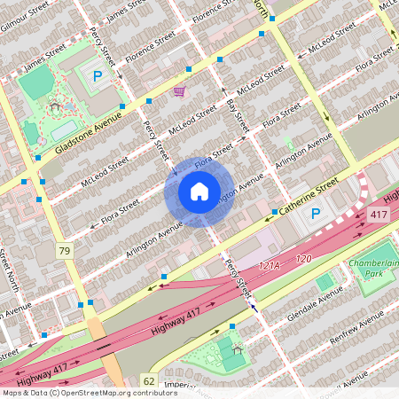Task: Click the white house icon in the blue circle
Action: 199,191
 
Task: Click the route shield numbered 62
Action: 148,380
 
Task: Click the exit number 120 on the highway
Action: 304,259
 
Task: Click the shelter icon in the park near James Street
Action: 55,106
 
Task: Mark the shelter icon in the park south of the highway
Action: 237,345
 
